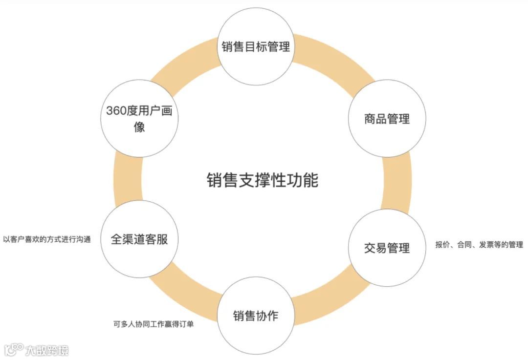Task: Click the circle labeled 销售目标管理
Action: click(256, 47)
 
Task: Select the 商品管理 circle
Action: click(386, 119)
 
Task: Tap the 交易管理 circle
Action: click(386, 248)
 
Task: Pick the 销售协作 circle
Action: click(256, 316)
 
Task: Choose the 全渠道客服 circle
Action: click(139, 240)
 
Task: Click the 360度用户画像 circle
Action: click(139, 118)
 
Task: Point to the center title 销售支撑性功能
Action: click(262, 180)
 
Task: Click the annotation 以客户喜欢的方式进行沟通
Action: click(47, 240)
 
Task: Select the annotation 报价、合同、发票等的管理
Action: click(479, 245)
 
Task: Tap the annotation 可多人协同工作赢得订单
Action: click(153, 323)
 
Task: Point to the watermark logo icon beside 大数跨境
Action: click(14, 349)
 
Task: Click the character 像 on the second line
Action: click(139, 127)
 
